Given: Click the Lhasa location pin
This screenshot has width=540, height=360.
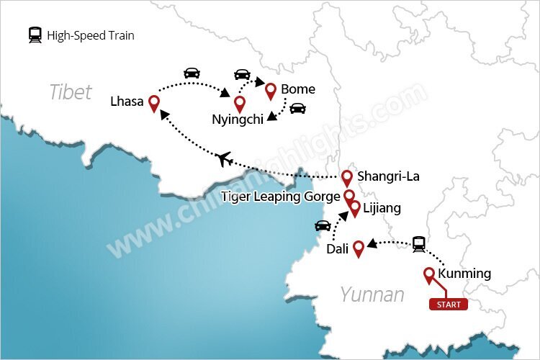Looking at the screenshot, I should (x=153, y=103).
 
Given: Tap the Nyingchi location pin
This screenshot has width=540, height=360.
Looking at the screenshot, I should (x=240, y=103).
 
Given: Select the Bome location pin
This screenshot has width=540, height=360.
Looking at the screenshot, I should (x=271, y=91).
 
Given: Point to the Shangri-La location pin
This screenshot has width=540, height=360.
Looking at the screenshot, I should (x=347, y=177).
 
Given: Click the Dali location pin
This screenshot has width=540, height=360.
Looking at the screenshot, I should (x=357, y=248).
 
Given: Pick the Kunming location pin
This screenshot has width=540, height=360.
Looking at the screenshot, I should (x=429, y=274).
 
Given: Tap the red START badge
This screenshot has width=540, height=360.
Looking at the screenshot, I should (x=449, y=305).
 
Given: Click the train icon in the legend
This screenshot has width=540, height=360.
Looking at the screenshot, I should (x=35, y=35).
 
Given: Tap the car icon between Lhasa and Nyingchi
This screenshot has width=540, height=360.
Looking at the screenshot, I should (x=192, y=73).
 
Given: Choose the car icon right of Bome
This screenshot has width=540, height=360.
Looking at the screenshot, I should (x=297, y=109).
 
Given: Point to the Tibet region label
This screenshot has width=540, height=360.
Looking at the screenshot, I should (x=71, y=92).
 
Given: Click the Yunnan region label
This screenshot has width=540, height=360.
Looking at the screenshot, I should (x=372, y=294).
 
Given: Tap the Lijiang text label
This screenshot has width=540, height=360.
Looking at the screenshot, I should (x=382, y=209).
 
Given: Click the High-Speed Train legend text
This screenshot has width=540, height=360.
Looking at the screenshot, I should (x=91, y=35).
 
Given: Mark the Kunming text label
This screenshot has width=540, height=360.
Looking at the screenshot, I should (x=464, y=274).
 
